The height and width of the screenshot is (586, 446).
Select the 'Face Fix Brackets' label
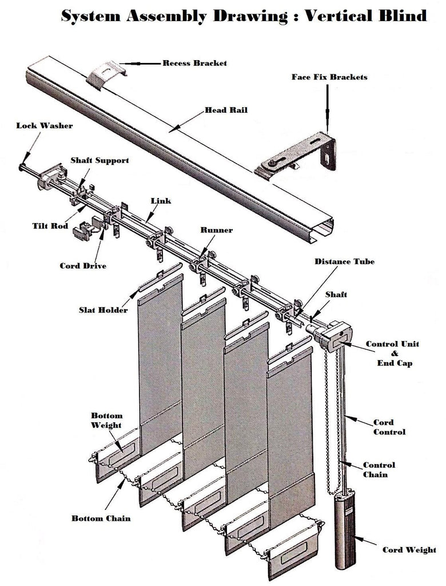329,77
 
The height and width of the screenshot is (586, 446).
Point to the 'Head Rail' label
226,110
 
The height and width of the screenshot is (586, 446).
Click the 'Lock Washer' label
45,125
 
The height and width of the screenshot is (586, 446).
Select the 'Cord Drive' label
83,266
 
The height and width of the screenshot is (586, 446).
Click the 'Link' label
161,201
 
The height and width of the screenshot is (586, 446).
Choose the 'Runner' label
216,230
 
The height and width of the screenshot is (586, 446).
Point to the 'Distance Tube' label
345,262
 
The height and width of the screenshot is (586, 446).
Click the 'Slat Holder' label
103,310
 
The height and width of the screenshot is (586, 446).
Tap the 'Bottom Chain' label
101,518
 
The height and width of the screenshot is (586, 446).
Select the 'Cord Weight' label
409,550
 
